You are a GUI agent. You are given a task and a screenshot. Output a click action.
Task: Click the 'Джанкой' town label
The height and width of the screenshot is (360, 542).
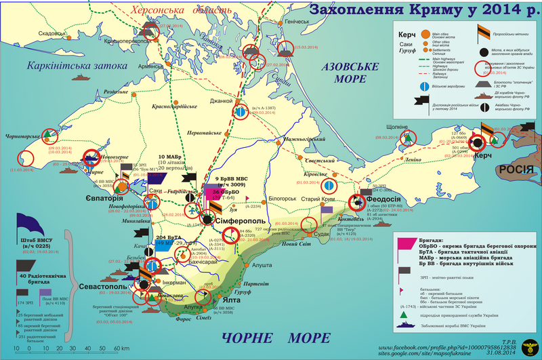(221, 101)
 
